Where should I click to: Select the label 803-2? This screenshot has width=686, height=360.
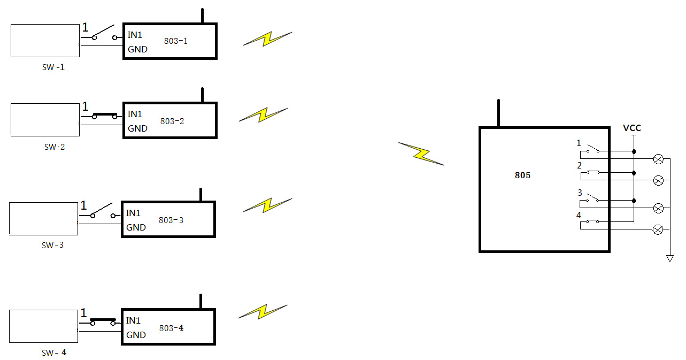click(172, 121)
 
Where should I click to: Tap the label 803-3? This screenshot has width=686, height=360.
click(171, 220)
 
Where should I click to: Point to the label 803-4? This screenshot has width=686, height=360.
click(171, 328)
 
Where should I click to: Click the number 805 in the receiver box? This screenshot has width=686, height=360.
click(522, 175)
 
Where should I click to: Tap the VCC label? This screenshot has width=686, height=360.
click(632, 128)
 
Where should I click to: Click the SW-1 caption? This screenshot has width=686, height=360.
click(54, 67)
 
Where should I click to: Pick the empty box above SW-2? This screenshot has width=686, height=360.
click(45, 120)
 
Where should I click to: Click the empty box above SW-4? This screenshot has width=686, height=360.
click(43, 326)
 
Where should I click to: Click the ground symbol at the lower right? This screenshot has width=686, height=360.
click(669, 258)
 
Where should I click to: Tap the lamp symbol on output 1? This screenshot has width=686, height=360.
click(659, 159)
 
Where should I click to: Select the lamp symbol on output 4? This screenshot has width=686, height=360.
click(659, 229)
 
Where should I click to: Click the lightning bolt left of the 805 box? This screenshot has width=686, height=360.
click(421, 154)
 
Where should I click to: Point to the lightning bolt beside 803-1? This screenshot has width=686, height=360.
click(267, 39)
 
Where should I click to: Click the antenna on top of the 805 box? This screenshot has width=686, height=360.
click(498, 113)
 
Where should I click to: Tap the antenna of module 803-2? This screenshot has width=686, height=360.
click(202, 95)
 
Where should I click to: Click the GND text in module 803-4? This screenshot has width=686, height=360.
click(136, 335)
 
